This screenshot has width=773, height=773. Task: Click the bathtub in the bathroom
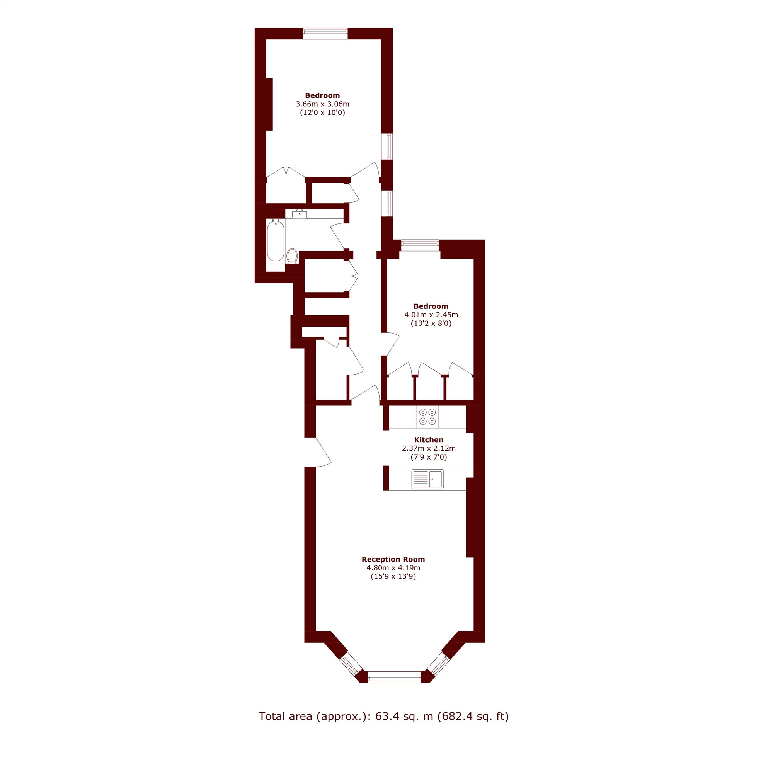click(275, 240)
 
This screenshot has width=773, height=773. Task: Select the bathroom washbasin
click(299, 215)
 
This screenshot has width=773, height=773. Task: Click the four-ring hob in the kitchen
click(427, 417)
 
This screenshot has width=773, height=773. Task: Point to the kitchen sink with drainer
click(427, 479)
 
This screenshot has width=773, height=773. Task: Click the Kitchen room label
click(429, 440)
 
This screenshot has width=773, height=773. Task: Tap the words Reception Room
click(393, 559)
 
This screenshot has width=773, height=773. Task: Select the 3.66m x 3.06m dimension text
click(322, 104)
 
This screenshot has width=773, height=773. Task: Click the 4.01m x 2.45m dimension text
click(431, 315)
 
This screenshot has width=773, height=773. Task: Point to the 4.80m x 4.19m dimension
click(393, 568)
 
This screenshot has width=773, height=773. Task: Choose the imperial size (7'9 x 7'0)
click(429, 457)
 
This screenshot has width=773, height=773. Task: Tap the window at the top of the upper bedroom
click(325, 34)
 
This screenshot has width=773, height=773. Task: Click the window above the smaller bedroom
click(420, 245)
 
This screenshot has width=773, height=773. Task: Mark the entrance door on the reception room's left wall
click(319, 453)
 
